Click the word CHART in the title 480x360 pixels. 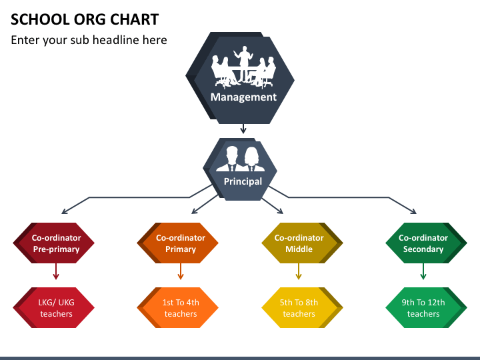(x=135, y=19)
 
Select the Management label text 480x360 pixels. (x=243, y=97)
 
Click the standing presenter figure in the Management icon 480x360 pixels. (x=244, y=64)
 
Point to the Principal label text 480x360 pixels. (x=243, y=181)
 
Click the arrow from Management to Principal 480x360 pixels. (x=243, y=129)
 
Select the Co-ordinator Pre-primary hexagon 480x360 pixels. (x=53, y=243)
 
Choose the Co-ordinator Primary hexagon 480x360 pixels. (x=177, y=243)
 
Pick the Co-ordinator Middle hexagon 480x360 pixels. (x=302, y=243)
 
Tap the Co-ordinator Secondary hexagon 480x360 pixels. (x=426, y=243)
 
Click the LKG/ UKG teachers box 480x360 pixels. (x=53, y=307)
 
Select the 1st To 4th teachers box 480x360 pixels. (x=177, y=307)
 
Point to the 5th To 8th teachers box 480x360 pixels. (x=302, y=307)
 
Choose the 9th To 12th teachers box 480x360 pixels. (x=426, y=307)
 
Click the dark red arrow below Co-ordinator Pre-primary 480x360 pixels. (x=56, y=271)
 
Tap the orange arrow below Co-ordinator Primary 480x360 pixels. (x=180, y=271)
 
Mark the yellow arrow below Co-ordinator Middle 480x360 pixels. (x=299, y=271)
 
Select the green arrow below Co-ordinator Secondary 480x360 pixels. (x=423, y=271)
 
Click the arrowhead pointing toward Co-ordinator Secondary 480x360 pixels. (x=414, y=211)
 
